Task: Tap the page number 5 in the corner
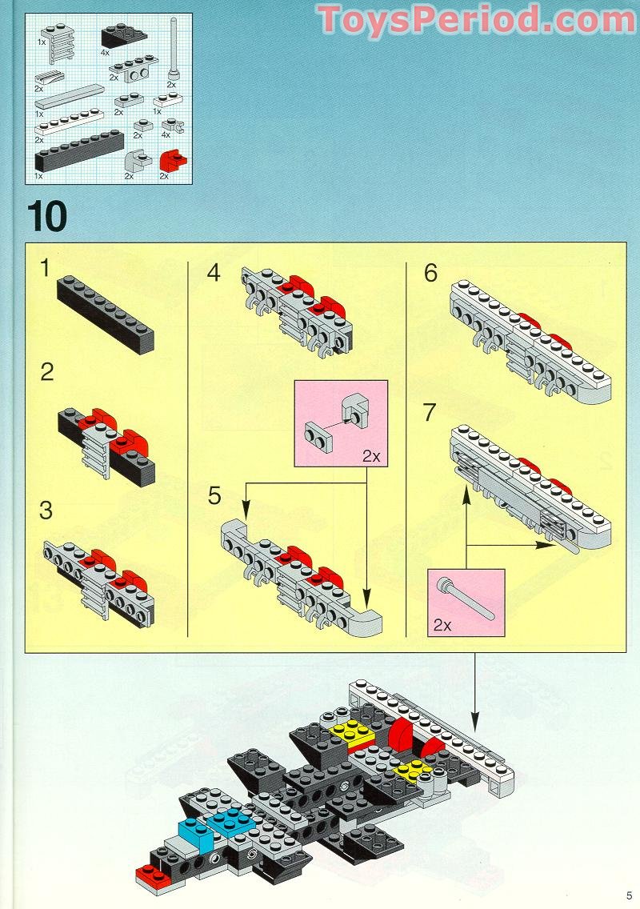tap(630, 895)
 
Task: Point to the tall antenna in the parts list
tap(173, 48)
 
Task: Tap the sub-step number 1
tap(46, 270)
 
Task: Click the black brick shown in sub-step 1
tap(106, 313)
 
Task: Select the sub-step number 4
tap(213, 273)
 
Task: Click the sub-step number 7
tap(430, 413)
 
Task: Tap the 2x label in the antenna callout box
tap(442, 624)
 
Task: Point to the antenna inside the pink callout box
tap(467, 599)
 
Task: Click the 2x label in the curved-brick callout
tap(370, 456)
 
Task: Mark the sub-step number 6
tap(430, 274)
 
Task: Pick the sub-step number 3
tap(46, 510)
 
